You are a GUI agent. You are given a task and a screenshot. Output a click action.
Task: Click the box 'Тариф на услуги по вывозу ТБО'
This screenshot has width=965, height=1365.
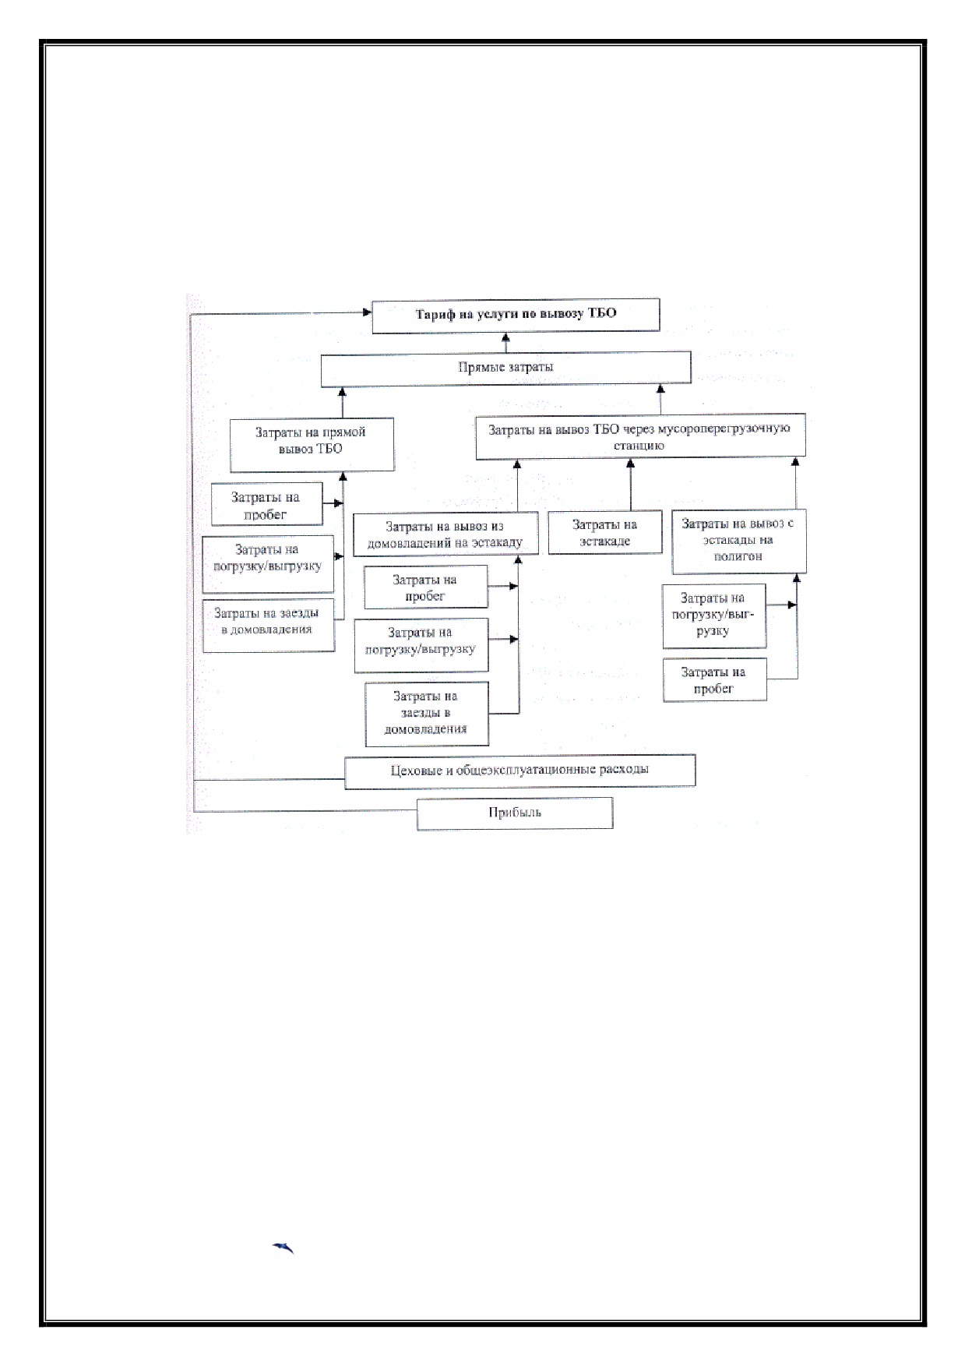point(516,316)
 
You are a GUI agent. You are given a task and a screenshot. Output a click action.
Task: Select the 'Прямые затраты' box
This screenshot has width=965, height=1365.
point(506,369)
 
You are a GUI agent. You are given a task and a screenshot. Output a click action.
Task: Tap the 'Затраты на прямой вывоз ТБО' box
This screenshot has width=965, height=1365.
point(312,444)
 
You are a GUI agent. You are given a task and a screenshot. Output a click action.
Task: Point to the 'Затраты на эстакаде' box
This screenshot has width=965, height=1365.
point(605,533)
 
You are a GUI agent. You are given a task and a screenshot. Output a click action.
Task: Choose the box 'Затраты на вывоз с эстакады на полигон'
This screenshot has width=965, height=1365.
point(738,541)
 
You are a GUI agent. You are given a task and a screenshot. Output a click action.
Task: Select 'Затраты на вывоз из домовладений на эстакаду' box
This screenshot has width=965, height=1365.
point(446,534)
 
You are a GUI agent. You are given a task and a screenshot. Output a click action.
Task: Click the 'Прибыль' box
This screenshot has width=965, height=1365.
point(515,813)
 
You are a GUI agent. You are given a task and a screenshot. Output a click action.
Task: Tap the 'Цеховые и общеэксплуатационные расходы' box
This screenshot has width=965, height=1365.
point(519,771)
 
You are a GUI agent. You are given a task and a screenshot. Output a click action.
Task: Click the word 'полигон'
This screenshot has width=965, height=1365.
point(738,557)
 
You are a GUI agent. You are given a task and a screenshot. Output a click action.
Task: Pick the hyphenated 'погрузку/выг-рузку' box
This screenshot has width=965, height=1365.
point(714,615)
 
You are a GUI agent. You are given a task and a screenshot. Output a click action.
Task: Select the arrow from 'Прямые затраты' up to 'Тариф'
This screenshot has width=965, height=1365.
point(506,343)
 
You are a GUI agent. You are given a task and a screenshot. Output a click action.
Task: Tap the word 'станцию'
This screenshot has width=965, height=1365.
point(638,446)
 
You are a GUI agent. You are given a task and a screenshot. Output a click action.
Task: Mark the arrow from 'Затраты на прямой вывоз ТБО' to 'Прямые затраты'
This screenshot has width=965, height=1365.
point(341,402)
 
